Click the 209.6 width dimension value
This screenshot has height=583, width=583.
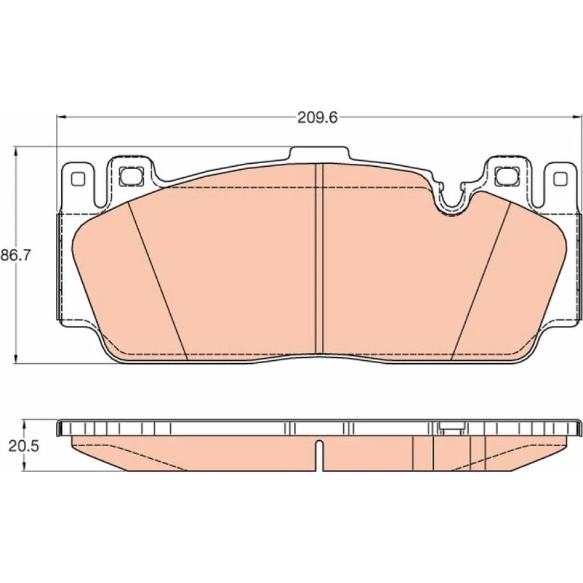click(x=318, y=118)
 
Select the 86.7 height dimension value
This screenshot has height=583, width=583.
click(x=15, y=256)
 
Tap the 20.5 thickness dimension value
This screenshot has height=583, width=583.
click(x=24, y=446)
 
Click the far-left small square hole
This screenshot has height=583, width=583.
click(x=78, y=179)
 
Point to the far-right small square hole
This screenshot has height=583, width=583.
click(x=560, y=179)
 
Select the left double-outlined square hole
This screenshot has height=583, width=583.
click(x=132, y=176)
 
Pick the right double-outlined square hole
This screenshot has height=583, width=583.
click(x=507, y=176)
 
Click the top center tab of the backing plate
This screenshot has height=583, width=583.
click(x=319, y=154)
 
